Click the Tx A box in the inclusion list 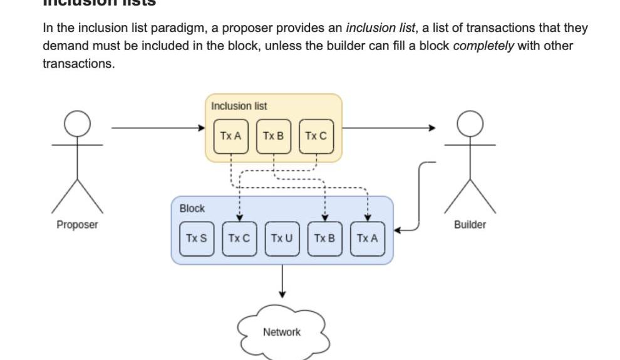point(231,136)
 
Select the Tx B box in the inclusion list point(274,136)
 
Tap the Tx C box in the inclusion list point(316,136)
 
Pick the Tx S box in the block point(197,239)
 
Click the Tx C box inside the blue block point(239,239)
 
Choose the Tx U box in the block point(282,239)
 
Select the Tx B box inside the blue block point(324,239)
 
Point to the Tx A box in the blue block point(367,239)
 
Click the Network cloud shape point(282,332)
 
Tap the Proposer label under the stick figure point(77,225)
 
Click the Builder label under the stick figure point(470,225)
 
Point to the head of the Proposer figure point(78,123)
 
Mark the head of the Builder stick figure point(470,123)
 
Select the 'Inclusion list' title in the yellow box point(239,106)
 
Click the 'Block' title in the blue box point(192,208)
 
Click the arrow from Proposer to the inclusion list point(157,128)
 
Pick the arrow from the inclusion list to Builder point(388,128)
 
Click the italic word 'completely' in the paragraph point(483,46)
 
